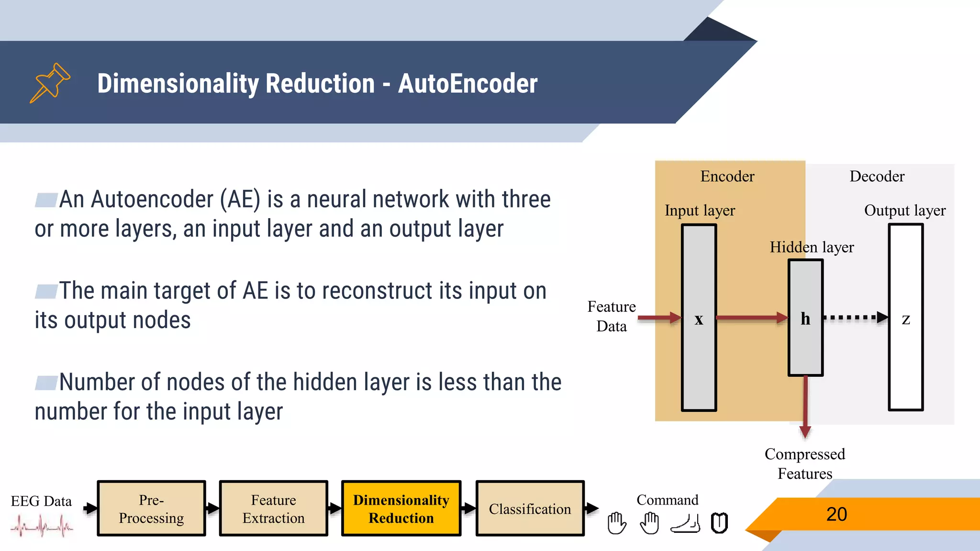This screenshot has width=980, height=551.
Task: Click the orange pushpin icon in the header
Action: tap(50, 83)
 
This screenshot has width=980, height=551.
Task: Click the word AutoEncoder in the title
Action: tap(468, 84)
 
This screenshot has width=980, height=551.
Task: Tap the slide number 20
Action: tap(836, 514)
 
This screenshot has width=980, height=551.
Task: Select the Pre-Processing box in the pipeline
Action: tap(151, 508)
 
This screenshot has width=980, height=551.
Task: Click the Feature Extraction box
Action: tap(273, 508)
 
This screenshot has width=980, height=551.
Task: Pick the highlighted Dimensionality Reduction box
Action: tap(401, 508)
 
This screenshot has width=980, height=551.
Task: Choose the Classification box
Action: tap(530, 508)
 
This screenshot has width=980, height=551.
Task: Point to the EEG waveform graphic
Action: tap(42, 526)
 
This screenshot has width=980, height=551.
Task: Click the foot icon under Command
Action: tap(685, 523)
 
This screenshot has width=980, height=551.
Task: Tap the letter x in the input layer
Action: tap(699, 319)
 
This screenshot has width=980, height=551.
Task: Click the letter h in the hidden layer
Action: tap(805, 319)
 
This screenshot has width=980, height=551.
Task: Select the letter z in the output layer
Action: tap(905, 319)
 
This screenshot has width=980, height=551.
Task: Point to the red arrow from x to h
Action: tap(752, 317)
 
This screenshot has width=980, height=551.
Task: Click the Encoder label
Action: tap(727, 176)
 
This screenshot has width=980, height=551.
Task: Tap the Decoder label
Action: tap(877, 176)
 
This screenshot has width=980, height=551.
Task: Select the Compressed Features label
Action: tap(805, 463)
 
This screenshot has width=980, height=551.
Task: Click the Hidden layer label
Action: tap(812, 247)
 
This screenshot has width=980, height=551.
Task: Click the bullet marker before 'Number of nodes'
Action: tap(46, 383)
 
